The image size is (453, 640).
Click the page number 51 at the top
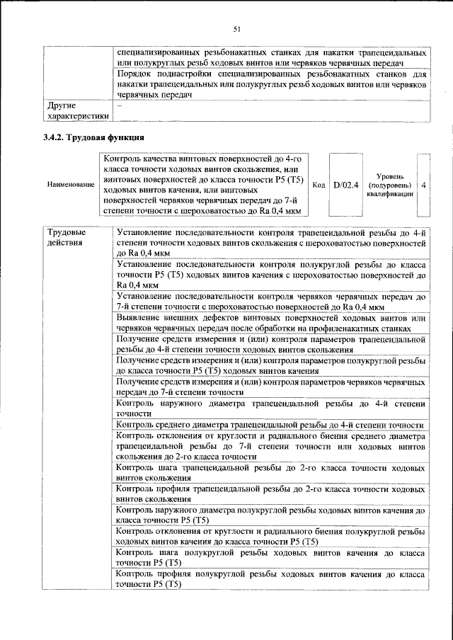[237, 29]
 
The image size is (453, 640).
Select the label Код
[319, 185]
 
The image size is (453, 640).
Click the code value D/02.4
[346, 185]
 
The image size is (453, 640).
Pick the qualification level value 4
[423, 185]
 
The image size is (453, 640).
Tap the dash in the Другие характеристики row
[119, 105]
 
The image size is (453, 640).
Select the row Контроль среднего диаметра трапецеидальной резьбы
[270, 425]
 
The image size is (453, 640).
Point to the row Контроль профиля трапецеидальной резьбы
[270, 495]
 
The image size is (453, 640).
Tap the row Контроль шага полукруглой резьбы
[270, 557]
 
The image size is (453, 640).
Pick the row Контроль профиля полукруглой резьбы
[270, 578]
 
